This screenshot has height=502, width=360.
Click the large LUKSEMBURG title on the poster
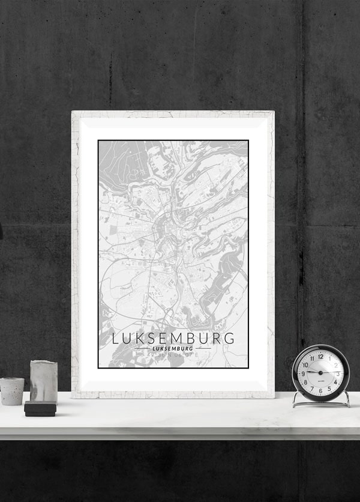pyautogui.click(x=173, y=338)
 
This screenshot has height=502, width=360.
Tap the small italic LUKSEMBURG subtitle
pyautogui.click(x=173, y=348)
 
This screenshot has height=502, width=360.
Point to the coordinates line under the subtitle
pyautogui.click(x=173, y=355)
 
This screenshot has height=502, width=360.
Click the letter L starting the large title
pyautogui.click(x=116, y=338)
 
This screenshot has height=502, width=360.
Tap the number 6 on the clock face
pyautogui.click(x=320, y=390)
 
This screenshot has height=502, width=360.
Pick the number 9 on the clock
pyautogui.click(x=303, y=373)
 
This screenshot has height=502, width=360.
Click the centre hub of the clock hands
pyautogui.click(x=320, y=373)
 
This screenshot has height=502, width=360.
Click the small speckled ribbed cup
pyautogui.click(x=12, y=391)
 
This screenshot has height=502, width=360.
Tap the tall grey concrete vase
pyautogui.click(x=44, y=381)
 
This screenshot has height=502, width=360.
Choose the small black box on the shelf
pyautogui.click(x=40, y=409)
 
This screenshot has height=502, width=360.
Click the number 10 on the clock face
pyautogui.click(x=305, y=364)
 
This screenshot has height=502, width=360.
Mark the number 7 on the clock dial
pyautogui.click(x=312, y=388)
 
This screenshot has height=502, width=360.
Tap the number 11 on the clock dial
pyautogui.click(x=311, y=358)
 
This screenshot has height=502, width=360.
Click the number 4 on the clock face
pyautogui.click(x=335, y=382)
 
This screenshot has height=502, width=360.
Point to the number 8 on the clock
pyautogui.click(x=305, y=382)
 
